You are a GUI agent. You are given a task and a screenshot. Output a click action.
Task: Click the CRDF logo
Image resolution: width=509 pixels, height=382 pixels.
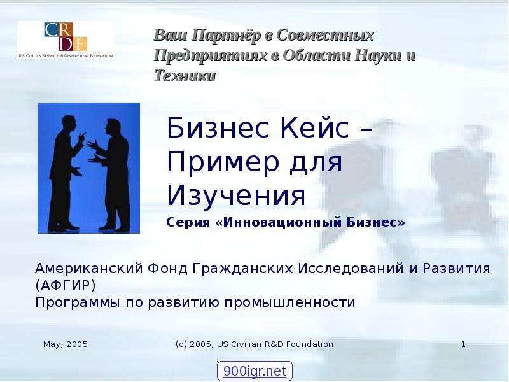click(66, 40)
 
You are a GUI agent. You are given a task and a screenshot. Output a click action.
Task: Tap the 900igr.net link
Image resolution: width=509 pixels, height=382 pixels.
click(254, 371)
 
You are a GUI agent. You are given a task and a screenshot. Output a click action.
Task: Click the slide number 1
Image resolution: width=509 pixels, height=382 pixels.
click(463, 344)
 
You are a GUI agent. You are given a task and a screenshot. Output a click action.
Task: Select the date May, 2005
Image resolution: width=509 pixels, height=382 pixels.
click(66, 344)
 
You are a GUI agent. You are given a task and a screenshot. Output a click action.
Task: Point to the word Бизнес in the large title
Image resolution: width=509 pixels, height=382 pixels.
click(218, 128)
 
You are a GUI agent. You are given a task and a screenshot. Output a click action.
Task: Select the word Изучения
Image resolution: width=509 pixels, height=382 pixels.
click(236, 195)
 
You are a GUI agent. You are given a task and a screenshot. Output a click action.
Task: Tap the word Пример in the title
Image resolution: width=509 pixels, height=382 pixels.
click(223, 162)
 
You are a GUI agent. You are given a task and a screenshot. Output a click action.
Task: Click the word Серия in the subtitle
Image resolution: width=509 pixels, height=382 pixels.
click(188, 222)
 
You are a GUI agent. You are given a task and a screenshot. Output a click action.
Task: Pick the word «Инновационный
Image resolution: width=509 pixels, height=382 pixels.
click(279, 222)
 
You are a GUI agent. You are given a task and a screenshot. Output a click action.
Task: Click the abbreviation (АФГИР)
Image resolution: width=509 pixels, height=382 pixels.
click(66, 285)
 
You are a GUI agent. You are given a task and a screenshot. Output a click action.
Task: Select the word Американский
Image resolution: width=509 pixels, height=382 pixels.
click(89, 269)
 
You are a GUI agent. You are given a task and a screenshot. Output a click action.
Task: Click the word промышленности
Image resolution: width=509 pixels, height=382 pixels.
click(289, 302)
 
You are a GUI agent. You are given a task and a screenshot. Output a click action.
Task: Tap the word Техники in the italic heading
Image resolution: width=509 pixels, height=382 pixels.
click(185, 76)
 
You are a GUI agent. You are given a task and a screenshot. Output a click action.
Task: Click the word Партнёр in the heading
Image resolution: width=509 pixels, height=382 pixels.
click(226, 35)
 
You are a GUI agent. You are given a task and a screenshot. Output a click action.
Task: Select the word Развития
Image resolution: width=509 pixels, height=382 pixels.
click(456, 269)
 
